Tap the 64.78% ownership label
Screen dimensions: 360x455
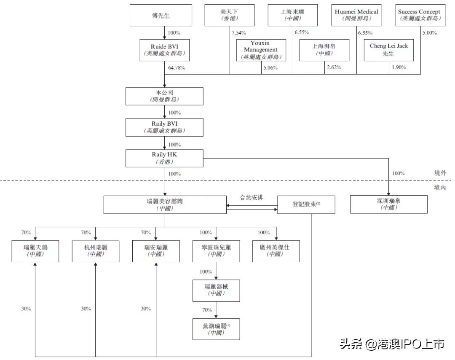177,67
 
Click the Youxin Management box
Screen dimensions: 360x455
261,50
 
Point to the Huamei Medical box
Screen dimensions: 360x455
356,15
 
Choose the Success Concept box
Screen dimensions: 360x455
419,15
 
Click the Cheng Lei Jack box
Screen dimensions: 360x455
388,50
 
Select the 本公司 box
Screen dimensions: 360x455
165,96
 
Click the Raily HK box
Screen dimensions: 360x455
165,158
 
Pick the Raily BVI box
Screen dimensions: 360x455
165,126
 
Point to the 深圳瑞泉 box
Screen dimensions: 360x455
388,204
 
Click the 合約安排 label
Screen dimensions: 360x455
252,197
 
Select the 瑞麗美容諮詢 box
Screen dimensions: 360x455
165,204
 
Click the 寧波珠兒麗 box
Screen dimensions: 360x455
216,251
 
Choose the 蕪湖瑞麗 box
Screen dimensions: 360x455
216,329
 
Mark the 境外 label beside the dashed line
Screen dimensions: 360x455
440,173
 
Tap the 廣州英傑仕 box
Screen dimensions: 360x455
276,251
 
